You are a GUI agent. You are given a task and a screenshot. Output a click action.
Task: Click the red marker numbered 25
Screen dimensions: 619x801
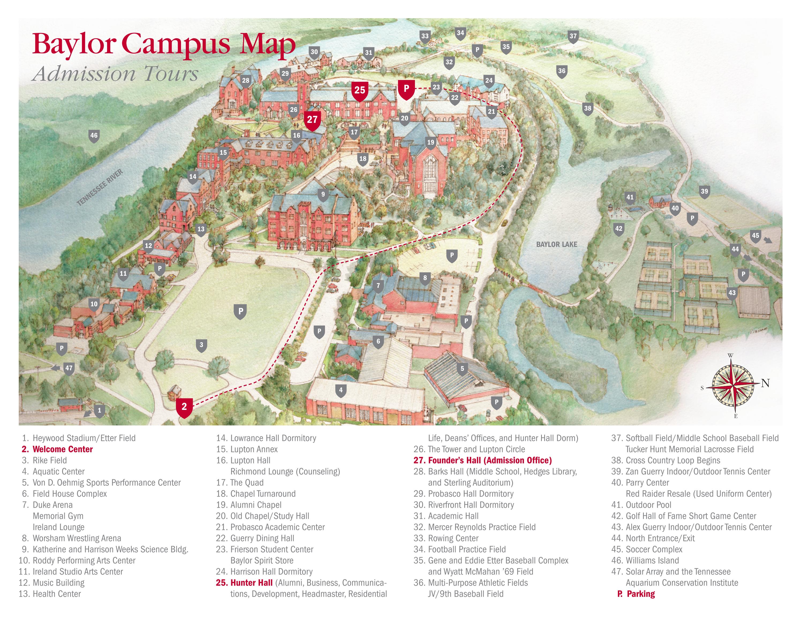coord(360,90)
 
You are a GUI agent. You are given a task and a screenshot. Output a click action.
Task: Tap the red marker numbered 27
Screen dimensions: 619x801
coord(312,120)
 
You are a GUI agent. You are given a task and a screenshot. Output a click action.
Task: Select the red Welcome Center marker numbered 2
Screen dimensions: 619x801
coord(184,407)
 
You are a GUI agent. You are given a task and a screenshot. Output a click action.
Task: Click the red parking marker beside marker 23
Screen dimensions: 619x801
coord(406,89)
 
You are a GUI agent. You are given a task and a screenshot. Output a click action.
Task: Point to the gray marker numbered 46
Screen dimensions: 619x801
coord(94,136)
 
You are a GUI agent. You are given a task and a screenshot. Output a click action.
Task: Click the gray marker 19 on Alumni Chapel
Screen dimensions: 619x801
coord(430,143)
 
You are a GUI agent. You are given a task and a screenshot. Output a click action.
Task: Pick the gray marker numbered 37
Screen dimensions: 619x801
coord(573,36)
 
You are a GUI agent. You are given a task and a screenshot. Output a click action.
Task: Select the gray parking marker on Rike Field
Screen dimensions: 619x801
coord(240,311)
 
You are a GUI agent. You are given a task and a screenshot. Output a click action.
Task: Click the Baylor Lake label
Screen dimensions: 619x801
coord(556,244)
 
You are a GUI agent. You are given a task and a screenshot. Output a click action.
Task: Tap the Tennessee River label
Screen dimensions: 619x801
coord(100,187)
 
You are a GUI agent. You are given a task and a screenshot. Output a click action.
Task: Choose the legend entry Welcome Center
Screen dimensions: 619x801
coord(62,449)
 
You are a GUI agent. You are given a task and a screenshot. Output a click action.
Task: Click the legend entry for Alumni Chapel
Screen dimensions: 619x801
coord(256,505)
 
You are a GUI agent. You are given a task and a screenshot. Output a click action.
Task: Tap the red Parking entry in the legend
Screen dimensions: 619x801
coord(640,594)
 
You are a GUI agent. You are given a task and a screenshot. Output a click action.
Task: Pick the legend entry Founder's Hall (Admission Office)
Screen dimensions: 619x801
coord(490,460)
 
